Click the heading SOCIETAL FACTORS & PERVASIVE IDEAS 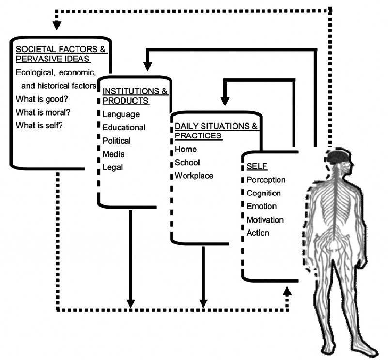(x=62, y=54)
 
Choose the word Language (x=121, y=114)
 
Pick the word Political (x=117, y=141)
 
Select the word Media (x=114, y=154)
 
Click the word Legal (x=113, y=167)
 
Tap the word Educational (x=124, y=128)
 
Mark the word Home (x=186, y=150)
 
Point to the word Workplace (x=194, y=176)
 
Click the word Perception (x=266, y=180)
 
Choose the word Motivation (x=265, y=220)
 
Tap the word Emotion (x=262, y=207)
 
